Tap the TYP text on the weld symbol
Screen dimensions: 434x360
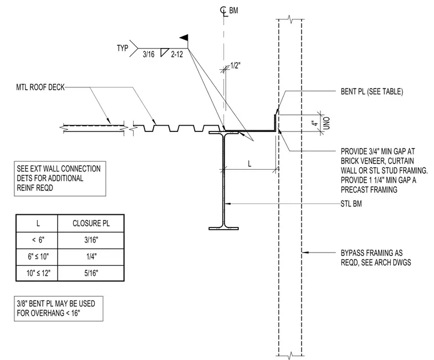click(x=122, y=48)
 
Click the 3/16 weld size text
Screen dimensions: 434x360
click(x=148, y=54)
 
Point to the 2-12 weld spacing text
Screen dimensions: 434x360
click(x=177, y=54)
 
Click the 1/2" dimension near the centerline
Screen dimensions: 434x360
click(x=235, y=66)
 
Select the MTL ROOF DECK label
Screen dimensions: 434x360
click(x=41, y=87)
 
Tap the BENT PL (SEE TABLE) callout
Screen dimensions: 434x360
click(x=372, y=91)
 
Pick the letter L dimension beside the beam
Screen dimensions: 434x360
click(x=250, y=163)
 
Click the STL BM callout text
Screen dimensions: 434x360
click(x=351, y=204)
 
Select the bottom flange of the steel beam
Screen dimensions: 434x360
click(x=223, y=229)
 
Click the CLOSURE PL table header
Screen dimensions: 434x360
click(x=91, y=223)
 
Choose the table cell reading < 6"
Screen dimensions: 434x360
click(x=38, y=240)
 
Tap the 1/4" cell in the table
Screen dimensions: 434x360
click(x=91, y=257)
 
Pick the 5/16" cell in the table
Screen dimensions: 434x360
click(x=91, y=273)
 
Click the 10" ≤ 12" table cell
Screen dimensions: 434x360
click(x=38, y=273)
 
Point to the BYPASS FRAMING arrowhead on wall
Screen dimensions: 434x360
click(x=304, y=252)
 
